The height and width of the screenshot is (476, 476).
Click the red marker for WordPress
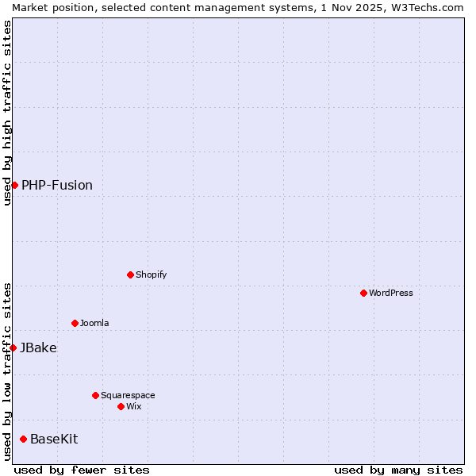(363, 293)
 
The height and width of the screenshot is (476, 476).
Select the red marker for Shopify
(130, 274)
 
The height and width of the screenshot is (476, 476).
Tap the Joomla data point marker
(75, 323)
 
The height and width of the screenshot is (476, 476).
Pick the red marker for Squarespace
(95, 395)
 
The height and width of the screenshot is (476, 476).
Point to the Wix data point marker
(121, 406)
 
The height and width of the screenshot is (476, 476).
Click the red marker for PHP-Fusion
(14, 185)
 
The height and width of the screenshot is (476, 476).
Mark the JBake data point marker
(13, 347)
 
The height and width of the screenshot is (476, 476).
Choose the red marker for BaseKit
(23, 439)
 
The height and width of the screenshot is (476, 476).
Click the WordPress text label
(391, 293)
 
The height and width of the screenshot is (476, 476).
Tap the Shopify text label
(152, 274)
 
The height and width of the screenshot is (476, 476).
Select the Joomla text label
(94, 323)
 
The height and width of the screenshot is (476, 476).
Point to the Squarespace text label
(128, 395)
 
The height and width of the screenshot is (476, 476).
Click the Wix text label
(134, 406)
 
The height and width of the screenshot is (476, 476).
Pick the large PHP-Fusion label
(57, 185)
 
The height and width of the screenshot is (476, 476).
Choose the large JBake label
(38, 347)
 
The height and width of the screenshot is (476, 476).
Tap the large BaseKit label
(54, 439)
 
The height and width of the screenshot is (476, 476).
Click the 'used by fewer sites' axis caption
(82, 470)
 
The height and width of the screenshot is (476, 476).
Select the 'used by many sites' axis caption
(398, 470)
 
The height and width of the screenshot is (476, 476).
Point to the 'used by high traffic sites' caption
(7, 113)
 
